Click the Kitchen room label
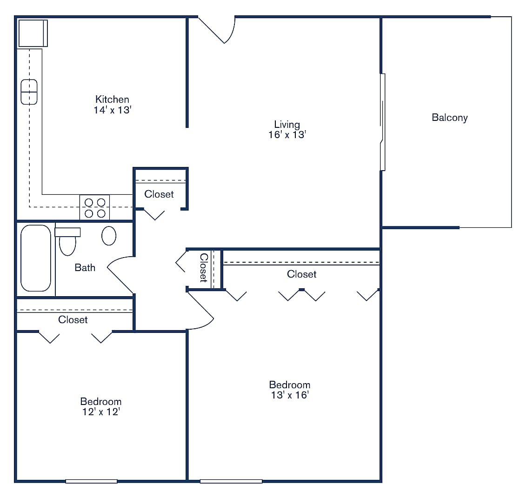[x=112, y=99]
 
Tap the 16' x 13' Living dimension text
[x=287, y=135]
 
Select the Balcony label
[x=449, y=118]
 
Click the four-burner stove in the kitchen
[x=94, y=207]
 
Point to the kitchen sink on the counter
[x=29, y=92]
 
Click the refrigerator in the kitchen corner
[x=33, y=33]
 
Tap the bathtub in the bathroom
[x=36, y=258]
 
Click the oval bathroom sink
[x=109, y=236]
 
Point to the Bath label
[x=85, y=267]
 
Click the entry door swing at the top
[x=219, y=30]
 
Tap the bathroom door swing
[x=121, y=274]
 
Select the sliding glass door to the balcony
[x=382, y=122]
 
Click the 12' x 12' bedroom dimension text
[x=100, y=412]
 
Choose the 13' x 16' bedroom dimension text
[x=289, y=395]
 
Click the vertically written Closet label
[x=203, y=268]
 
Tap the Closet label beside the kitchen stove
[x=159, y=194]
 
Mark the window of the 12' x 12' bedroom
[x=91, y=481]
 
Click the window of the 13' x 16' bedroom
[x=231, y=481]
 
